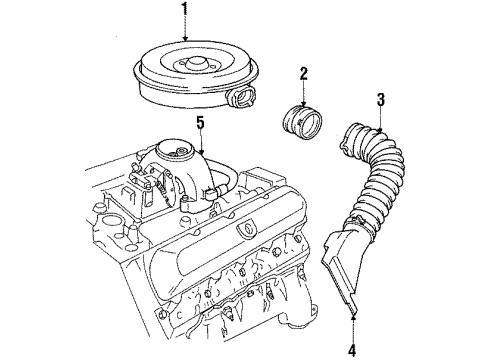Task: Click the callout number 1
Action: click(183, 11)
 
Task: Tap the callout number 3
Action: click(381, 100)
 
